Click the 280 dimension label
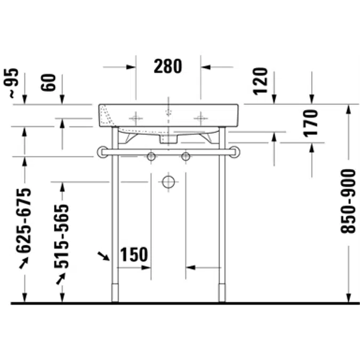click(x=168, y=67)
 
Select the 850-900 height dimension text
click(x=348, y=201)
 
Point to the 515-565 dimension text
click(x=62, y=236)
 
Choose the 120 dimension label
click(x=260, y=81)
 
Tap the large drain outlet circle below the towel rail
click(x=169, y=182)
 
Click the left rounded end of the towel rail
click(x=102, y=153)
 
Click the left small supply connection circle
click(x=151, y=157)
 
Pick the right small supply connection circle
click(x=186, y=157)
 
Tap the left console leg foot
click(x=115, y=293)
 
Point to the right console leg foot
click(x=222, y=293)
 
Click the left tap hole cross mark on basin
click(x=137, y=117)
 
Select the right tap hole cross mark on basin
click(x=201, y=117)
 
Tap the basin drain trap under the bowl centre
click(x=169, y=139)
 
